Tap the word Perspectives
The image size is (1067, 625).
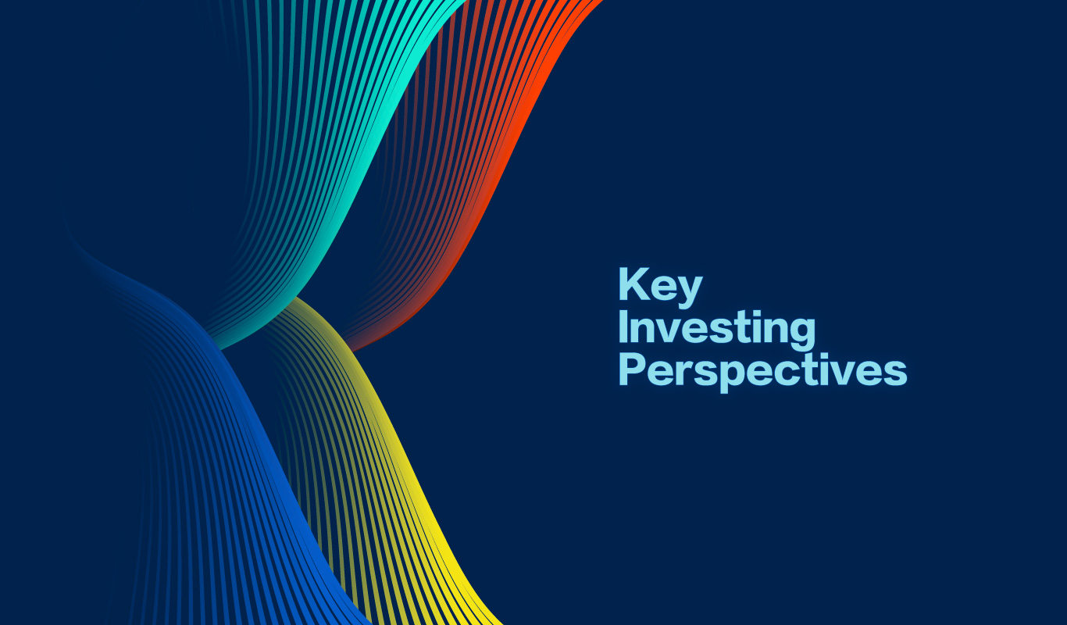762,372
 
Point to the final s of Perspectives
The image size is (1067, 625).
894,373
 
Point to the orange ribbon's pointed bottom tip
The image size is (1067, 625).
352,351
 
